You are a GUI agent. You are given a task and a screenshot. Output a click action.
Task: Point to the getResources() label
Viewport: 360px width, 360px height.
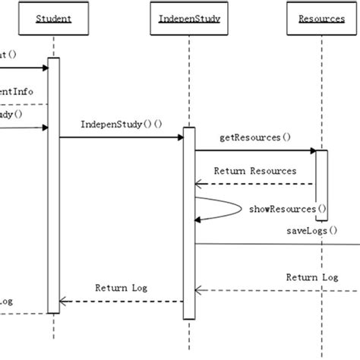click(254, 137)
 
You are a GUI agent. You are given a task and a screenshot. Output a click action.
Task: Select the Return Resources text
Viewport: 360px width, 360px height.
click(254, 171)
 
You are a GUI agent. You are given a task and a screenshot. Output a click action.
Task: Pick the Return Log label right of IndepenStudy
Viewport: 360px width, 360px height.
click(311, 277)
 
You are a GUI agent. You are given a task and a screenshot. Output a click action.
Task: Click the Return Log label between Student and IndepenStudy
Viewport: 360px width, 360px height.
click(121, 288)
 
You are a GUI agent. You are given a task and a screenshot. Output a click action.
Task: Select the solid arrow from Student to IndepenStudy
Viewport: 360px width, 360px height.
click(122, 137)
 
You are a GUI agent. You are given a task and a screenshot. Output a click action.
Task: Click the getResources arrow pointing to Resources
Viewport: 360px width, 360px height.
click(254, 151)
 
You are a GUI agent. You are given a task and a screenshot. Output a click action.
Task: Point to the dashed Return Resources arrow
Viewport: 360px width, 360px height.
click(254, 184)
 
